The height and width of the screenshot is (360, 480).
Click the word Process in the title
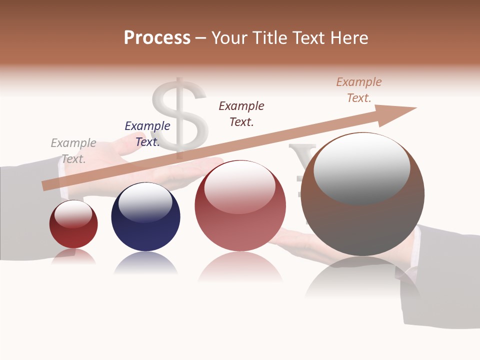point(157,38)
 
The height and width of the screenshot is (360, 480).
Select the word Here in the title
point(346,38)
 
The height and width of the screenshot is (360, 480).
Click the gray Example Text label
point(73,151)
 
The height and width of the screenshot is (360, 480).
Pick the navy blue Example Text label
point(147,134)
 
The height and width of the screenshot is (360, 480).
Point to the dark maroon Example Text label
point(241,114)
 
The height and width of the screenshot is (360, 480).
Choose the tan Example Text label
point(359,90)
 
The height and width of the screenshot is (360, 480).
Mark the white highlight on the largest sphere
point(361,167)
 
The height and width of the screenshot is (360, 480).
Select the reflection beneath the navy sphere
point(145,263)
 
